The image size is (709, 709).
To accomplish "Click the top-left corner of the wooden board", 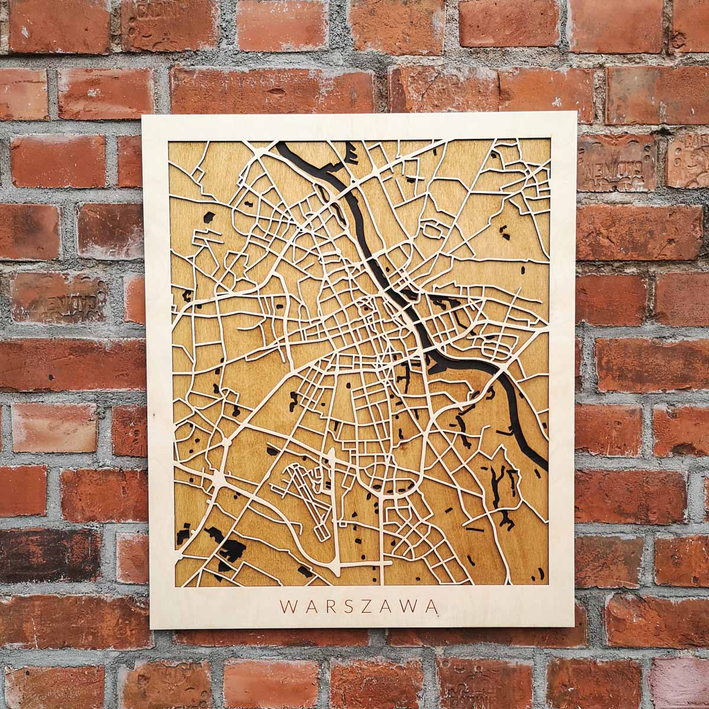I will pyautogui.click(x=144, y=117).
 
